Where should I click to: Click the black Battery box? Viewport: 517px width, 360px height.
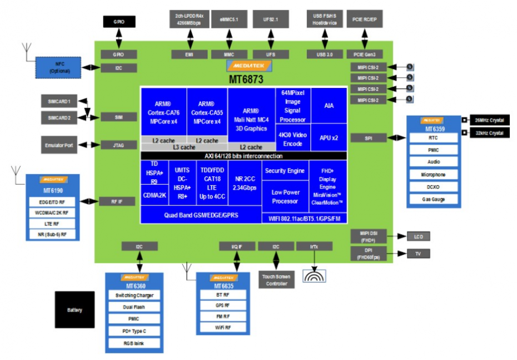[x=74, y=310]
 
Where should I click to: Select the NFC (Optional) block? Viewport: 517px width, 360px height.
[x=58, y=67]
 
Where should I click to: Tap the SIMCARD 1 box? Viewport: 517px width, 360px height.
[x=59, y=101]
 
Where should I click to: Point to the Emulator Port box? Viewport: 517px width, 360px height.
[x=59, y=145]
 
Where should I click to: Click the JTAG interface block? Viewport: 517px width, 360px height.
[x=118, y=145]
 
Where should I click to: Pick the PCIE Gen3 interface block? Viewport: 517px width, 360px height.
[x=365, y=54]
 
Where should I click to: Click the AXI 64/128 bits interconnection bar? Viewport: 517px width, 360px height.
[x=243, y=155]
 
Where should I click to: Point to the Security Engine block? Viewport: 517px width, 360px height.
[x=284, y=171]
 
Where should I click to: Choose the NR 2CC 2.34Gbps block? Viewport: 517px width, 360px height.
[x=245, y=184]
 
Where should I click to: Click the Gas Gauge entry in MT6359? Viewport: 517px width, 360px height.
[x=433, y=199]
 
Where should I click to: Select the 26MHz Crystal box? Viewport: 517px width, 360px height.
[x=489, y=120]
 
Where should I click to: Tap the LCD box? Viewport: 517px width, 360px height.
[x=418, y=236]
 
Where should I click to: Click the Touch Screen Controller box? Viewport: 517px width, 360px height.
[x=276, y=280]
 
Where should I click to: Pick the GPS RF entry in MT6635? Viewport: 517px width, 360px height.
[x=223, y=305]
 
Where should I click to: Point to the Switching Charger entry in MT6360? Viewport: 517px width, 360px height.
[x=134, y=295]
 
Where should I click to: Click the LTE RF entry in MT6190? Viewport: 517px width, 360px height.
[x=52, y=224]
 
